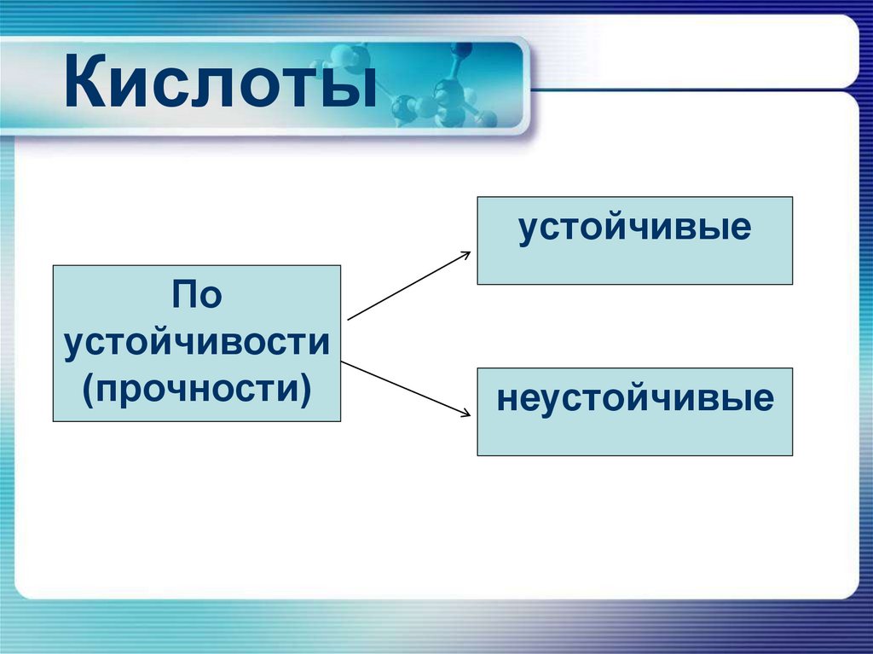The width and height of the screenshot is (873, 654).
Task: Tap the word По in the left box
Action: pos(196,295)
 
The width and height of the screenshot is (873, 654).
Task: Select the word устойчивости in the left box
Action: pos(196,343)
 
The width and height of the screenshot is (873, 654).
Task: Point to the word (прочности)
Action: pos(196,388)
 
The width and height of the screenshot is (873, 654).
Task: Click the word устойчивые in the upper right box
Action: pos(634,229)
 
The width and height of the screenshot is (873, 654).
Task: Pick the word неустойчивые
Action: pos(634,398)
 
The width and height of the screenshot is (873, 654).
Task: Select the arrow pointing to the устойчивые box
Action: pos(409,285)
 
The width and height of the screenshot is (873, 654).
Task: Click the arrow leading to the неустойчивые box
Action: pos(406,389)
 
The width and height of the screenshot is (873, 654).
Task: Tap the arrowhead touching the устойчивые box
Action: pos(465,253)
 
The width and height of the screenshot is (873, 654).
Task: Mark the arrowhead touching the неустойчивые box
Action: pos(465,414)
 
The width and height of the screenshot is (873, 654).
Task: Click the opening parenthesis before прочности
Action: pos(88,390)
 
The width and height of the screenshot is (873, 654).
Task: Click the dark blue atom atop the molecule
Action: pos(461,49)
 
